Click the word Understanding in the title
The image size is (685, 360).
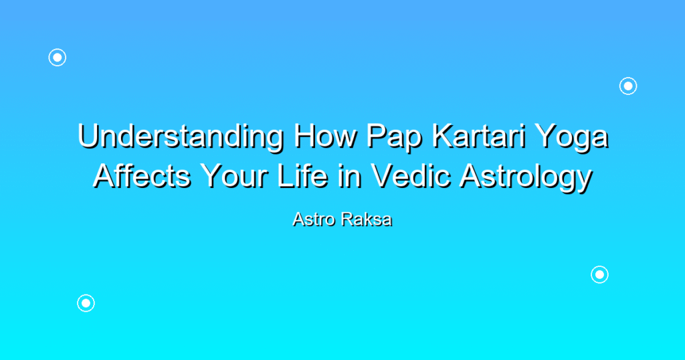tap(181, 137)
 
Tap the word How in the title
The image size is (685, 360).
tap(326, 136)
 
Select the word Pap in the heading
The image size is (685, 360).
tap(395, 139)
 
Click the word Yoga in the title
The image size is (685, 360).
tap(571, 139)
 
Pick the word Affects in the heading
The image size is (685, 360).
tap(142, 176)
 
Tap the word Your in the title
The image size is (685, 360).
tap(234, 176)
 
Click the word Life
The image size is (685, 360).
tap(302, 176)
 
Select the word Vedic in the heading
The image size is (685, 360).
tap(411, 176)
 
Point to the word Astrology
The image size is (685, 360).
tap(526, 178)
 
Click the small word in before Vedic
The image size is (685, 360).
tap(349, 176)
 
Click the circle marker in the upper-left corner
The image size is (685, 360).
tap(58, 58)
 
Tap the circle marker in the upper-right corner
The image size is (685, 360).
tap(628, 86)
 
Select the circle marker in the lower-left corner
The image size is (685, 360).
tap(86, 303)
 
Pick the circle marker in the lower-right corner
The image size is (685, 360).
tap(600, 275)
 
